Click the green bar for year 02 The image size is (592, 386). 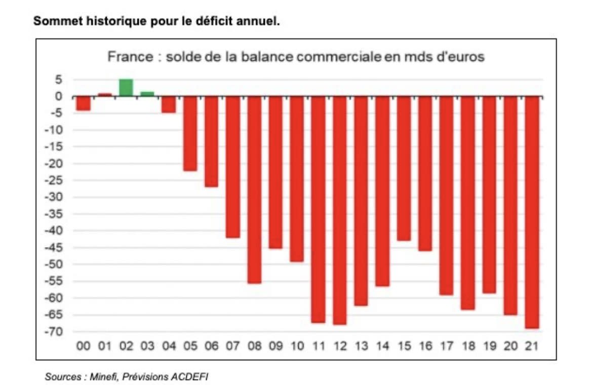pyautogui.click(x=126, y=88)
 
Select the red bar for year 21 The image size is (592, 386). pyautogui.click(x=532, y=212)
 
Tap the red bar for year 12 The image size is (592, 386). pyautogui.click(x=340, y=210)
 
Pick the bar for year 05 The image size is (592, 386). pyautogui.click(x=190, y=133)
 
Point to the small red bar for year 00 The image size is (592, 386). pyautogui.click(x=83, y=103)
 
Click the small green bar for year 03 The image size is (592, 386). pyautogui.click(x=147, y=94)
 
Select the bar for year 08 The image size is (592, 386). pyautogui.click(x=254, y=189)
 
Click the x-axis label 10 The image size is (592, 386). pyautogui.click(x=297, y=346)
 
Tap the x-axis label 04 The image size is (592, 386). pyautogui.click(x=169, y=346)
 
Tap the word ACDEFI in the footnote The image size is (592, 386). pyautogui.click(x=190, y=377)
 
